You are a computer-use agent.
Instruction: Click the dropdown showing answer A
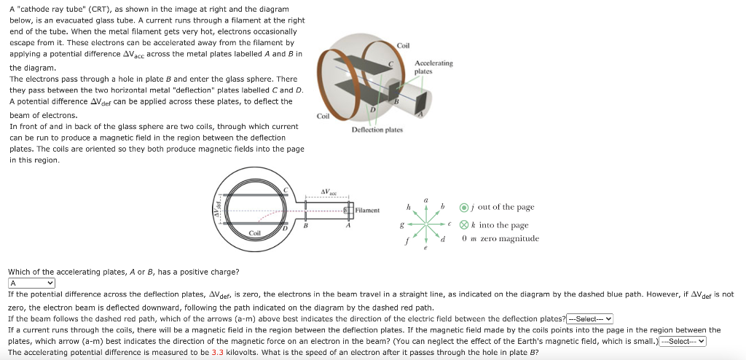pos(32,283)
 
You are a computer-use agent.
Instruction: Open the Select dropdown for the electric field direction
pos(591,318)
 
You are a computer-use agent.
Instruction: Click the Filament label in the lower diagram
pos(368,210)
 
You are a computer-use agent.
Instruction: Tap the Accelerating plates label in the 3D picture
pos(433,67)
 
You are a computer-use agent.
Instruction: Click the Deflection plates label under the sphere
pos(377,129)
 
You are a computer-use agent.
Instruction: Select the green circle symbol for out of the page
pos(464,208)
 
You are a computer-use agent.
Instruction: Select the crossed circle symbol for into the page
pos(464,225)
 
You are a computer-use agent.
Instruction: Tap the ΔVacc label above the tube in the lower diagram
pos(330,192)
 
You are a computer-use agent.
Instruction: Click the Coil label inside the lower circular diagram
pos(255,232)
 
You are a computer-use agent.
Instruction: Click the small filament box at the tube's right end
pos(350,211)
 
